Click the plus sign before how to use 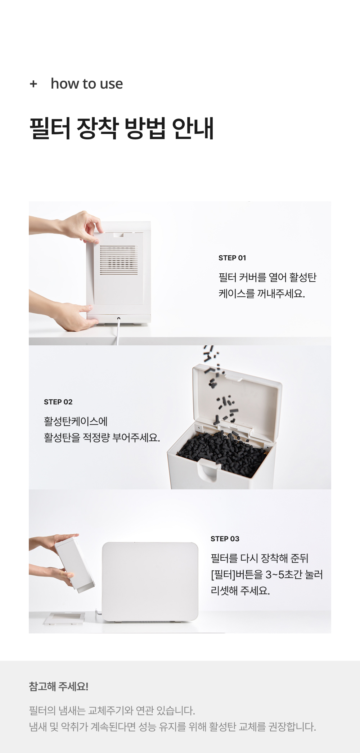(x=33, y=84)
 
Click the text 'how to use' (x=87, y=84)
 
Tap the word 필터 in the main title (x=50, y=128)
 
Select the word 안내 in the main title (x=193, y=128)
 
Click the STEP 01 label (x=232, y=258)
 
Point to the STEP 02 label (x=58, y=402)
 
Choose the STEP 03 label (x=225, y=539)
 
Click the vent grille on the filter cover (x=118, y=260)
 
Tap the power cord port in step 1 (x=118, y=319)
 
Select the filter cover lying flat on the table (x=65, y=619)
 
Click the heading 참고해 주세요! (x=59, y=686)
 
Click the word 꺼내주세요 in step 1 (x=281, y=293)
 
